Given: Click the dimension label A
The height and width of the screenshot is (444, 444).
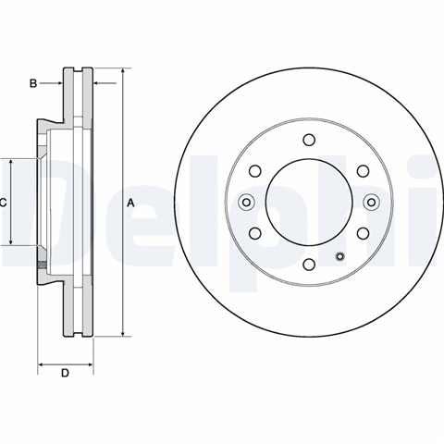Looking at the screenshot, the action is pos(131,203).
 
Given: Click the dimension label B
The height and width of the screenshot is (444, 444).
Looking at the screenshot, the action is pos(33,83).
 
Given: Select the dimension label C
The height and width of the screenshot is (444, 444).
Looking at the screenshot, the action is pos(3,203).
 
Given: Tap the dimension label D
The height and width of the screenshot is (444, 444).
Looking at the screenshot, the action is pos(65,373).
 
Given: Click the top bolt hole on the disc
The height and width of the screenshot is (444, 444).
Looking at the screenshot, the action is pos(309,140).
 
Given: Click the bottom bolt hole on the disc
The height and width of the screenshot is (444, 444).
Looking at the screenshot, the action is pos(309,265).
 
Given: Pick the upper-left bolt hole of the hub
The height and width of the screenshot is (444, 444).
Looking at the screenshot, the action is pos(255,171).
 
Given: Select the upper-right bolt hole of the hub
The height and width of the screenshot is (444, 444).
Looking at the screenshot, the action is pos(363,171).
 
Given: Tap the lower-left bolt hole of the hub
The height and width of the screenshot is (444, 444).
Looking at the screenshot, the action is pos(255,233).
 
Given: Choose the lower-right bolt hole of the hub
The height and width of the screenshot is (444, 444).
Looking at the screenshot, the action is pos(363,233).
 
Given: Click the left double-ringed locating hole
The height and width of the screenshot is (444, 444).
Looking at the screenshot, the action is pos(246,203).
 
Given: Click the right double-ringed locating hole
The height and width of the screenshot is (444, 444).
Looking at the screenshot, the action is pos(372,203).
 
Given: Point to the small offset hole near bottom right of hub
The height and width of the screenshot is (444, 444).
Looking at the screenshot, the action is pos(340,256).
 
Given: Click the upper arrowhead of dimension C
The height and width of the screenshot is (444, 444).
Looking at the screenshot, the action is pos(11,163).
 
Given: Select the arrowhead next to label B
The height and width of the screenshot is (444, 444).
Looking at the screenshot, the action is pos(59,83).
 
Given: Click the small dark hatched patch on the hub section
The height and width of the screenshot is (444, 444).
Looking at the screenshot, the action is pos(42,265).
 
